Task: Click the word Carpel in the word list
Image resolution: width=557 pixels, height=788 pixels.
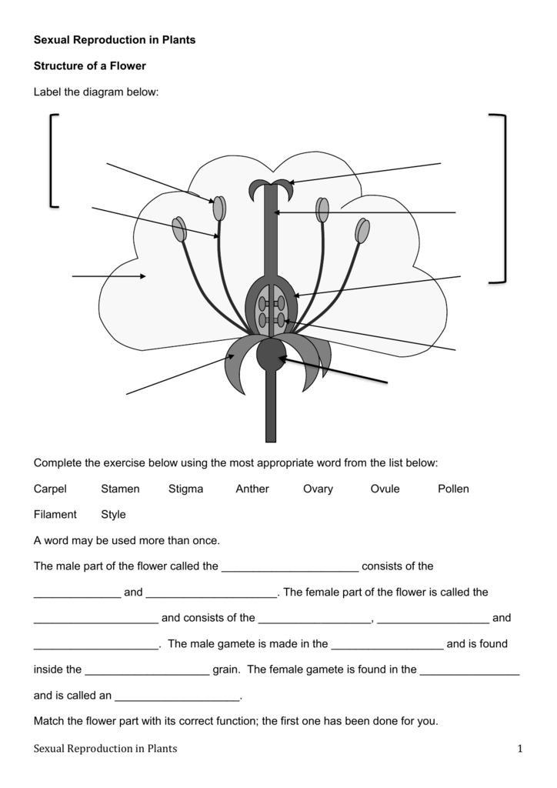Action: point(50,489)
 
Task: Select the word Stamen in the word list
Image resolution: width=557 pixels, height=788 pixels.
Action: point(120,489)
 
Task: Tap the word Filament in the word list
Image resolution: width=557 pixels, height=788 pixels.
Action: point(55,514)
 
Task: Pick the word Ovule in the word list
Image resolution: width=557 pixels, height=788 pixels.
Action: point(385,489)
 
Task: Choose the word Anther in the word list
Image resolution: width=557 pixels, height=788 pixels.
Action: point(252,489)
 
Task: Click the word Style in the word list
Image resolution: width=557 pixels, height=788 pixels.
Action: point(113,514)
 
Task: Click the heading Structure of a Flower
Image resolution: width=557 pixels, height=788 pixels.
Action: point(90,66)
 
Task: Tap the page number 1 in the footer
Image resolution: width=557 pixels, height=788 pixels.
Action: point(520,748)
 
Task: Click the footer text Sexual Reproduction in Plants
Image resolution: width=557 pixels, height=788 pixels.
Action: point(105,748)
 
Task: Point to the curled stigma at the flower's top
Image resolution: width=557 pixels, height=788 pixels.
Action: point(270,187)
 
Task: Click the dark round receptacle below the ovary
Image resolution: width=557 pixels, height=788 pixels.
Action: point(271,354)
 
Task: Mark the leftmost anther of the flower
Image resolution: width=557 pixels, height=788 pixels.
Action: point(180,229)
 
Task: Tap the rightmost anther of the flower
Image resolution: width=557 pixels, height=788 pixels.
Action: point(362,231)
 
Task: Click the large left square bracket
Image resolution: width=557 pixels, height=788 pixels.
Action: point(53,160)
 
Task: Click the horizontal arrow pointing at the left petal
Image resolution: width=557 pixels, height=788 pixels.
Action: point(108,275)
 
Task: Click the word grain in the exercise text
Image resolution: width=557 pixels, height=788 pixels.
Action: point(225,669)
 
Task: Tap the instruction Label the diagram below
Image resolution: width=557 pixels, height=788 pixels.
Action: point(96,92)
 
